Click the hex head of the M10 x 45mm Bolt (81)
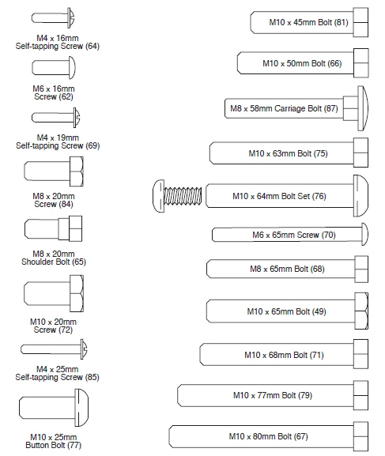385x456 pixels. pos(360,22)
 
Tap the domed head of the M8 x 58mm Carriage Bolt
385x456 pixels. pos(363,108)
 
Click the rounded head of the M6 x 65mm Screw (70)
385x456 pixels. pos(365,234)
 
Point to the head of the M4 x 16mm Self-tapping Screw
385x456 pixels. pos(71,17)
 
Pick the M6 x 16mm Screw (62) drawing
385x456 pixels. pos(54,67)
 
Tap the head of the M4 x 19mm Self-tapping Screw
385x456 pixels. pos(77,118)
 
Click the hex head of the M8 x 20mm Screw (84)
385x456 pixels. pos(77,171)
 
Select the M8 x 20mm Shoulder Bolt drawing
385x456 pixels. pos(53,228)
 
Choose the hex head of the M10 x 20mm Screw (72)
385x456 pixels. pos(77,293)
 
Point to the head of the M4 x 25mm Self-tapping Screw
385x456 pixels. pos(84,349)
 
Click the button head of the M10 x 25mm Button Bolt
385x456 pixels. pos(81,408)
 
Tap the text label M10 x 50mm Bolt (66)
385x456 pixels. pos(302,63)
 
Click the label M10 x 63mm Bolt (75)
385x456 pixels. pos(288,153)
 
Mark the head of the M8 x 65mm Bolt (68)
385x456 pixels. pos(361,269)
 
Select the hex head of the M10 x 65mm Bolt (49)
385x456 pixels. pos(361,311)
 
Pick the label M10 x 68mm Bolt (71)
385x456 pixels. pos(284,355)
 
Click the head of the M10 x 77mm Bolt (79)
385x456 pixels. pos(361,395)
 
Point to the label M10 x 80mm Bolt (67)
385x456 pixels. pos(268,436)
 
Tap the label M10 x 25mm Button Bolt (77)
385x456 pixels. pos(54,441)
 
